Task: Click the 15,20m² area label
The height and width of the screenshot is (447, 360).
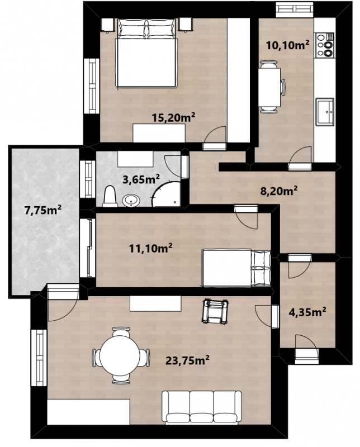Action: click(173, 117)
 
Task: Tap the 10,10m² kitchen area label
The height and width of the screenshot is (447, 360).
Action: click(287, 45)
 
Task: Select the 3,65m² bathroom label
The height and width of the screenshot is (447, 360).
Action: click(141, 179)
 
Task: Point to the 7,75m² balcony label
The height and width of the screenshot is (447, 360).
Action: click(43, 211)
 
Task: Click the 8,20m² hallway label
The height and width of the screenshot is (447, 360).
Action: click(279, 191)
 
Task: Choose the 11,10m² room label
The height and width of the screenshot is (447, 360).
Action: click(150, 248)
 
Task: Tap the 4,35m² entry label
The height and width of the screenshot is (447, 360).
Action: click(307, 312)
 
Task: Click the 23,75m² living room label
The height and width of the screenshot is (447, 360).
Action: click(187, 360)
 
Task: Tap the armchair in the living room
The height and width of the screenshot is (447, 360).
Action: click(215, 311)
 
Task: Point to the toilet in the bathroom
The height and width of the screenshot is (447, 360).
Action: click(110, 196)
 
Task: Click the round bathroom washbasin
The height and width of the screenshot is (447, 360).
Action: click(131, 200)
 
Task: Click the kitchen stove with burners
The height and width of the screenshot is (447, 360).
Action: click(325, 45)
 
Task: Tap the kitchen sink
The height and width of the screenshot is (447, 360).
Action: click(325, 112)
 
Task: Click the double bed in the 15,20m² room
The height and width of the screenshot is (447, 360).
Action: click(146, 53)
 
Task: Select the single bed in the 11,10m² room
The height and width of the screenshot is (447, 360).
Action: click(236, 268)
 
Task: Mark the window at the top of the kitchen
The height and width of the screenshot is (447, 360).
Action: click(295, 9)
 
